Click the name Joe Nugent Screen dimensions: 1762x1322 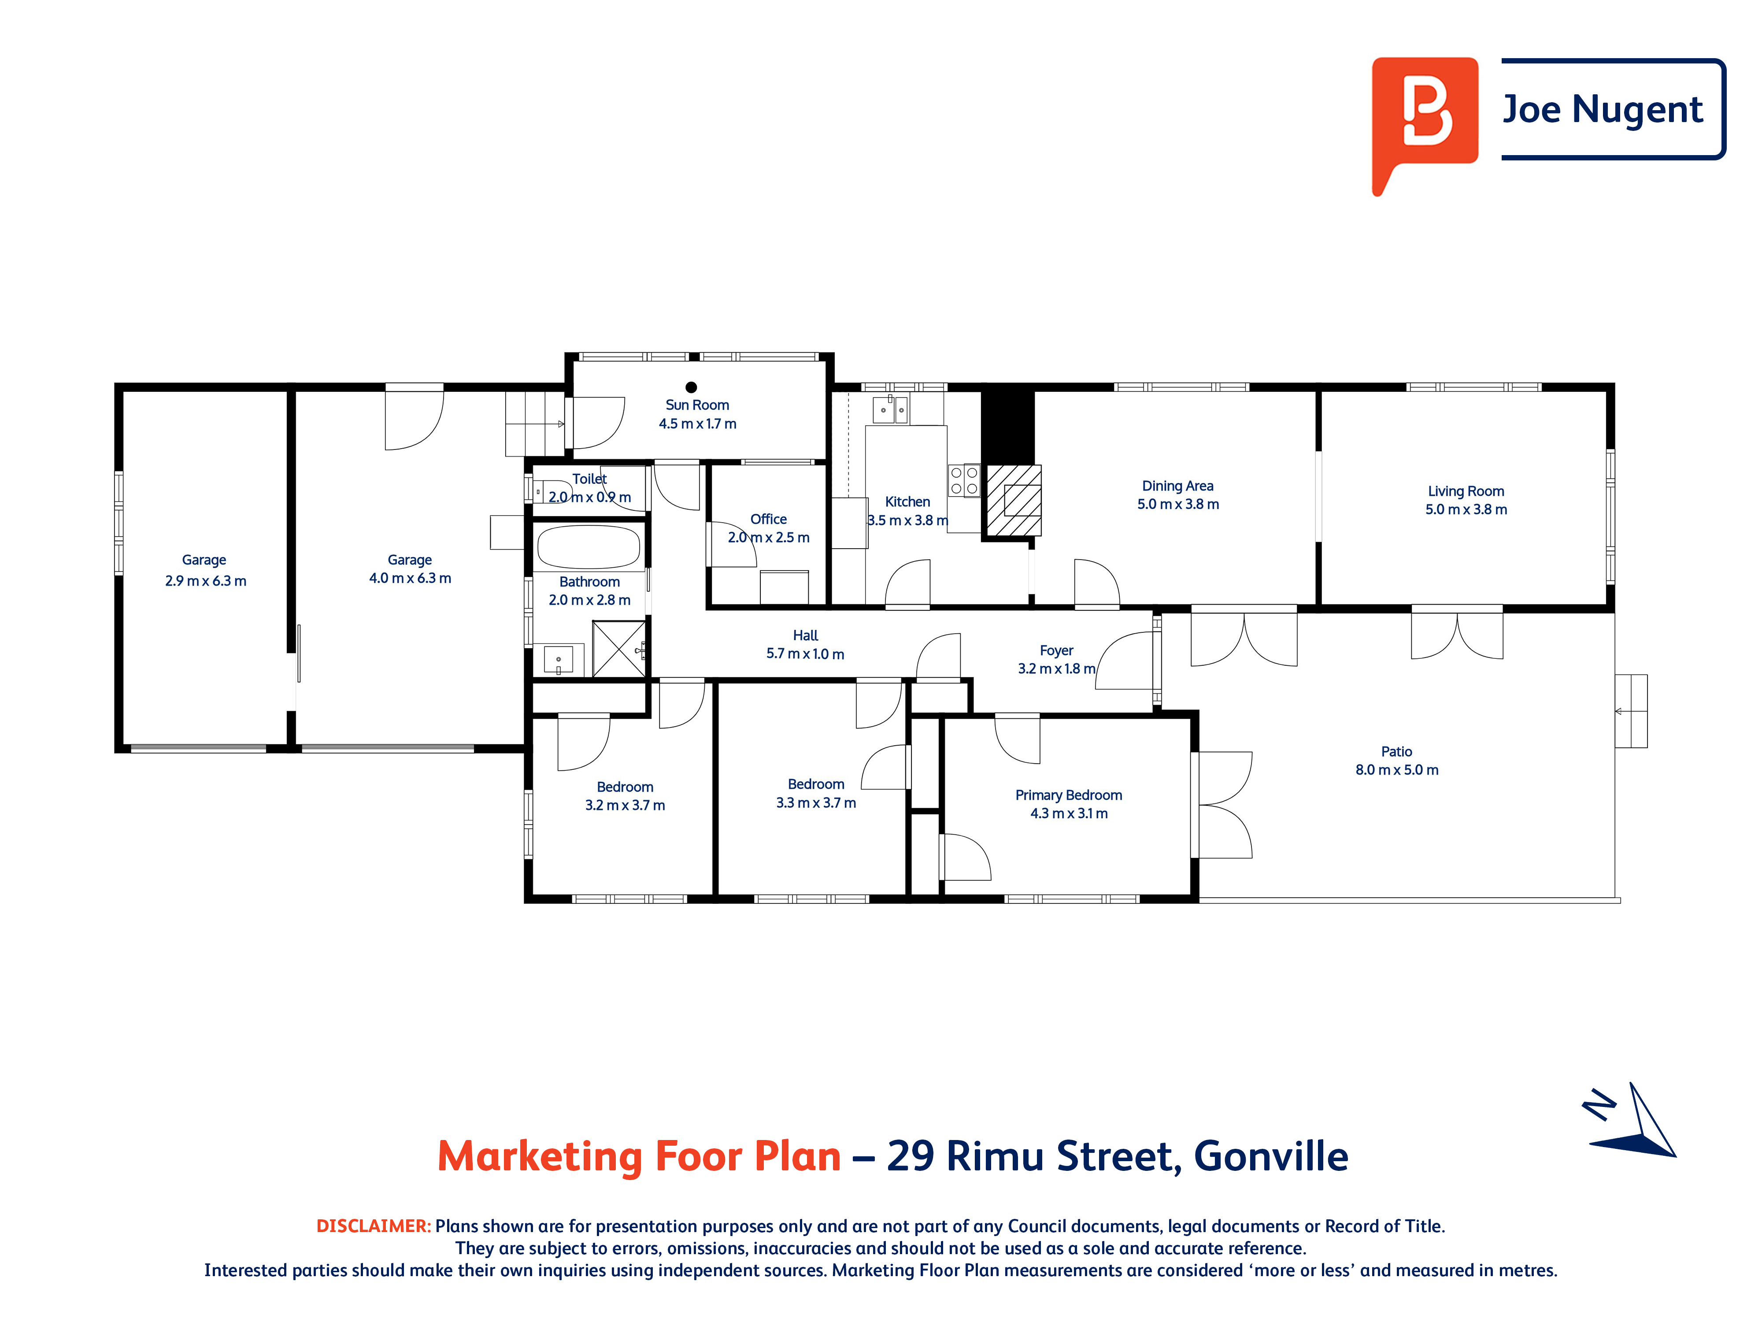[x=1602, y=109]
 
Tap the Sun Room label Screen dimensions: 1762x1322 [x=697, y=405]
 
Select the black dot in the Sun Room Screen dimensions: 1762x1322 [x=692, y=387]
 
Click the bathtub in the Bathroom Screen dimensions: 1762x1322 [x=589, y=547]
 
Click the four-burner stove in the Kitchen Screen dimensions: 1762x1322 [x=964, y=480]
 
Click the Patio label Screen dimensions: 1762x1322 [x=1396, y=751]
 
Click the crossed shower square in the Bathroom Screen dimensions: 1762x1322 [x=618, y=649]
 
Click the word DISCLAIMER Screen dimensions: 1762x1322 [x=373, y=1225]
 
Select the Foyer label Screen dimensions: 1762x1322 [x=1056, y=650]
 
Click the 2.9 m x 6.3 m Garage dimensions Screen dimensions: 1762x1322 [x=206, y=581]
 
